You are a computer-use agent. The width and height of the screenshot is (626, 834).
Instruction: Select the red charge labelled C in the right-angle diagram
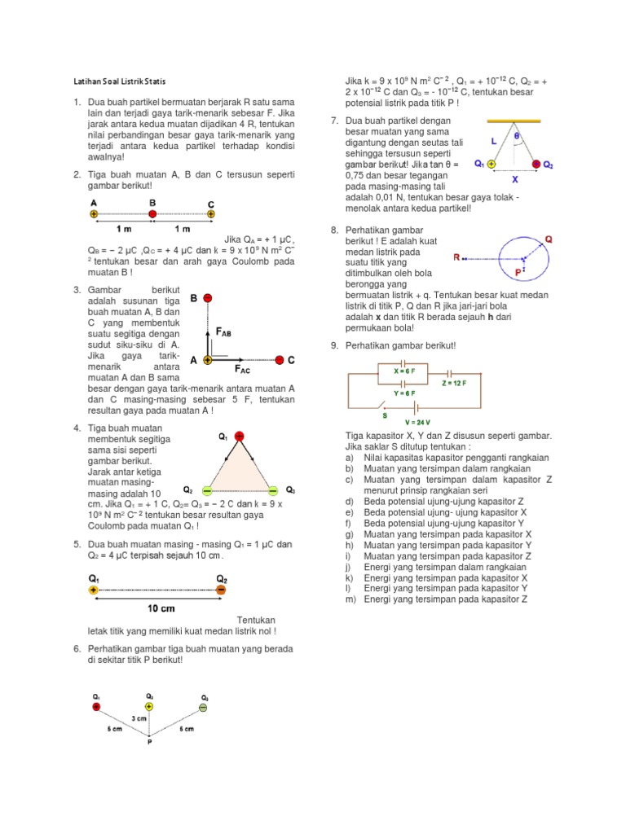280,359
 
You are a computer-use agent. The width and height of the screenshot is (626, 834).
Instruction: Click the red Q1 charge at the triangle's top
239,437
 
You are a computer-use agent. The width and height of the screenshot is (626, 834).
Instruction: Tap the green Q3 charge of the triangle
271,491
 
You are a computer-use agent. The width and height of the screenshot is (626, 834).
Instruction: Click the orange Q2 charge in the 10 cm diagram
222,590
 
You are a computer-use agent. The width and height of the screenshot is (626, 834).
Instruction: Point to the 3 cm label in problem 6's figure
140,718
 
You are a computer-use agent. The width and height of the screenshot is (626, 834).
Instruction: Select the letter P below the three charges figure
149,743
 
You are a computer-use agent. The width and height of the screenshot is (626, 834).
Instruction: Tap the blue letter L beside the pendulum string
494,141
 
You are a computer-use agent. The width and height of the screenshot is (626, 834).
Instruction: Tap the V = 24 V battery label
417,423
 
